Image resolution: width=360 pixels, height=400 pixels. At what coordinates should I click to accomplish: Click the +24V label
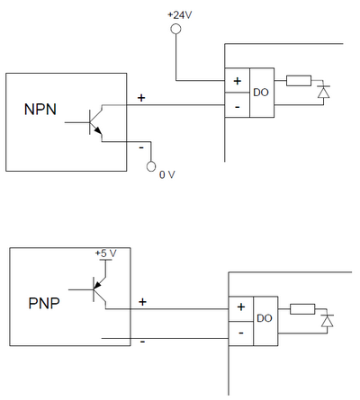(x=179, y=15)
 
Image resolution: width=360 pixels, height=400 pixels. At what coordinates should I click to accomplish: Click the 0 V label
(x=167, y=174)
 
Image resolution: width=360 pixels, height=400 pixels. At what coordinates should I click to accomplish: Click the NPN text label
(x=40, y=110)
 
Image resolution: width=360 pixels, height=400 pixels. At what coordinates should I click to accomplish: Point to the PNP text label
(x=44, y=303)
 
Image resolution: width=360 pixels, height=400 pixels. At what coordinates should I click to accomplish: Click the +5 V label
(x=105, y=253)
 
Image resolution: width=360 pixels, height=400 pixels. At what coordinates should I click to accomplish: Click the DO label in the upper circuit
(x=261, y=93)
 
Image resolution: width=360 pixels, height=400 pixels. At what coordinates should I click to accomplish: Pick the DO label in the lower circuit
(x=265, y=318)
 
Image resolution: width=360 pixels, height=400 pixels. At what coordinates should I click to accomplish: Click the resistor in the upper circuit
(x=299, y=81)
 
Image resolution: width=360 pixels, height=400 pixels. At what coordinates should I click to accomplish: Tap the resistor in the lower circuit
(x=302, y=309)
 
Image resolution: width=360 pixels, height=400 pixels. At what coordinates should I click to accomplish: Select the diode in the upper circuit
(x=323, y=92)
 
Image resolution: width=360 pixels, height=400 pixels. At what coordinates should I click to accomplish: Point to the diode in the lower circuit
(x=327, y=321)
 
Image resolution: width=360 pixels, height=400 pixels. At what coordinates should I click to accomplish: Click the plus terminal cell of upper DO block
(x=238, y=81)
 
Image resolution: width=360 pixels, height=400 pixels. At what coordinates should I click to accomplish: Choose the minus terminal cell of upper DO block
(x=238, y=105)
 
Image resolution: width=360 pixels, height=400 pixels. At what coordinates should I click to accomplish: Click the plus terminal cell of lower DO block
(x=241, y=309)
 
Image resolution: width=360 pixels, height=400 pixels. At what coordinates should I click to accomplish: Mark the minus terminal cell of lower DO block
(x=241, y=333)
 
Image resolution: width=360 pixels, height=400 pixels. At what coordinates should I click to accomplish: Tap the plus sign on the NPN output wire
(x=141, y=98)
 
